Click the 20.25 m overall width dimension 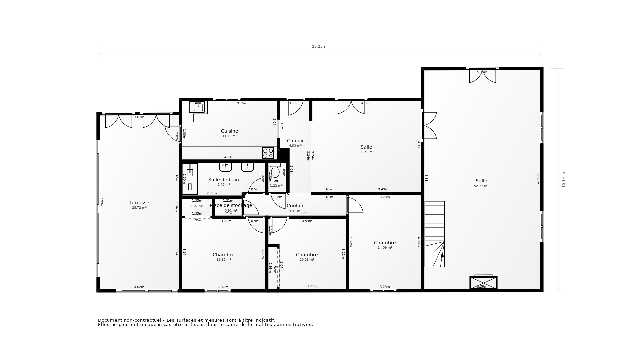click(320, 47)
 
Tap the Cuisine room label click(229, 131)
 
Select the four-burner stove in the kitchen click(268, 153)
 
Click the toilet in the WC click(275, 171)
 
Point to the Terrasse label click(139, 203)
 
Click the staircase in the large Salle click(434, 234)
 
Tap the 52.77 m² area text click(481, 186)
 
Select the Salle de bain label click(223, 180)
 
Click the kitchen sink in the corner click(198, 107)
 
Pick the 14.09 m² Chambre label click(385, 243)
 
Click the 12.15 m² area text click(223, 260)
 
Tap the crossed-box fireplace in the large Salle click(483, 283)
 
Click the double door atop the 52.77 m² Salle click(482, 76)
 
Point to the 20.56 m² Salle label click(366, 147)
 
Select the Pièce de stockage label click(231, 205)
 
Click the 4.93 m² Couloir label click(295, 141)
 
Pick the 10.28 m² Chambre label click(307, 255)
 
